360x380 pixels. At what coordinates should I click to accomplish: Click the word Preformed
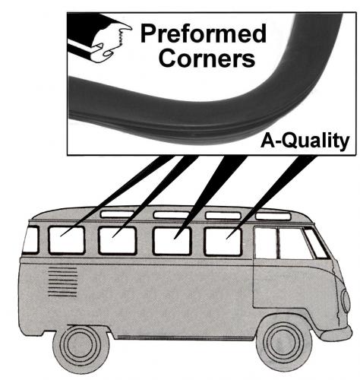pyautogui.click(x=203, y=34)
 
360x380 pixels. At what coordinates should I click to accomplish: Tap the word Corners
pyautogui.click(x=207, y=58)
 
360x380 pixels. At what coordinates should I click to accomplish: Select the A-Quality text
pyautogui.click(x=305, y=141)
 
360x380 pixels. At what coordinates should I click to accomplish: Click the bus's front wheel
pyautogui.click(x=283, y=346)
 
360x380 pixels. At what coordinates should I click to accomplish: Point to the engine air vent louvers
pyautogui.click(x=62, y=282)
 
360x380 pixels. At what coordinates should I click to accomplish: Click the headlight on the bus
pyautogui.click(x=345, y=302)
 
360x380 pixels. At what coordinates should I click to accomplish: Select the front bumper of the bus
pyautogui.click(x=336, y=333)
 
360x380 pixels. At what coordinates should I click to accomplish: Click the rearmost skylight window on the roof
pyautogui.click(x=117, y=214)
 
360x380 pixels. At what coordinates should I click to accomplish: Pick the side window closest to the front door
pyautogui.click(x=223, y=242)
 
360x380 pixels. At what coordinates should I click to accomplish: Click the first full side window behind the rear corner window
pyautogui.click(x=66, y=240)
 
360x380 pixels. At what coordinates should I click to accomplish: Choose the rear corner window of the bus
pyautogui.click(x=30, y=240)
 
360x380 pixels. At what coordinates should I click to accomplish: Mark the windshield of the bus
pyautogui.click(x=316, y=242)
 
